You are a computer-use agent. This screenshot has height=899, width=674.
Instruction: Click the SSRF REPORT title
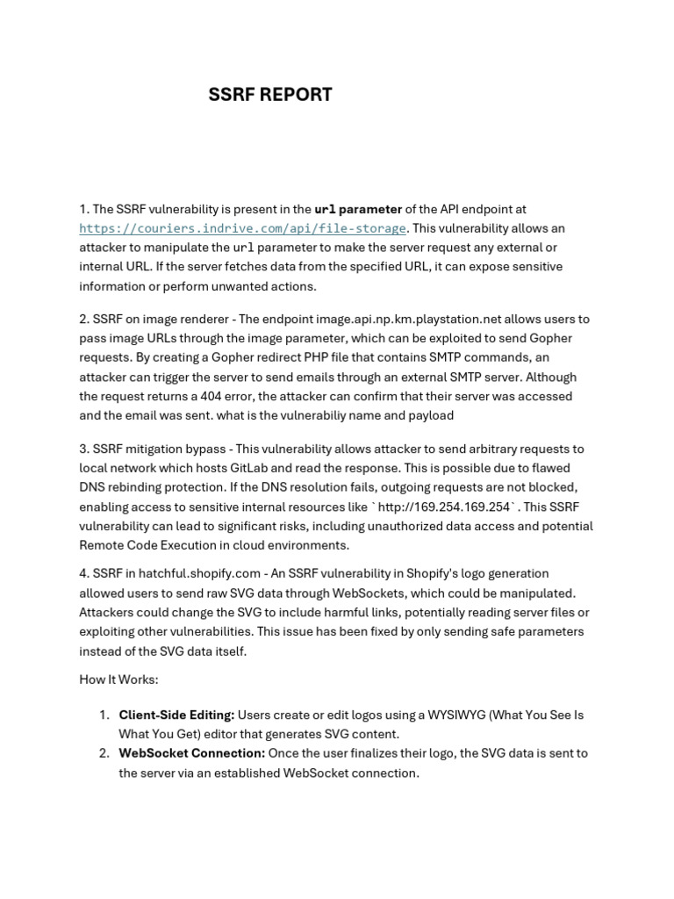270,95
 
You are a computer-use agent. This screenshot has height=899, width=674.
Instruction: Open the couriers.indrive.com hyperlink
242,228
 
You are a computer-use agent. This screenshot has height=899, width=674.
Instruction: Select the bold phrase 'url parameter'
358,209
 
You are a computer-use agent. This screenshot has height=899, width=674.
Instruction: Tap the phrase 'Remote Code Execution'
148,545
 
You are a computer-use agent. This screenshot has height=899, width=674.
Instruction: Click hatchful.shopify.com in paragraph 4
182,573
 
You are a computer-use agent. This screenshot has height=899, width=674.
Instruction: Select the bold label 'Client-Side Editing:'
176,715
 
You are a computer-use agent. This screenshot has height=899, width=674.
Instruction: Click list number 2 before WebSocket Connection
103,753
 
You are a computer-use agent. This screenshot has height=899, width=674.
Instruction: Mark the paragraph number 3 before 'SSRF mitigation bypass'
83,449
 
